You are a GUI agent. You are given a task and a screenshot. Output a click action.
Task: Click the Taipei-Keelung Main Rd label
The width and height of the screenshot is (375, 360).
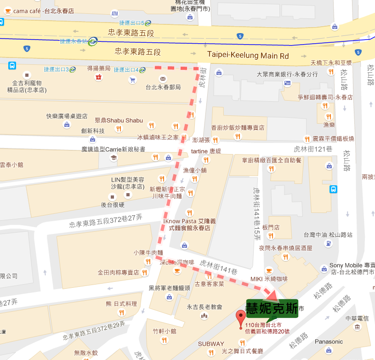click(248, 55)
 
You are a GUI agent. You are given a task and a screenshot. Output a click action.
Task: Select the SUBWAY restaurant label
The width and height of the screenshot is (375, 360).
click(211, 344)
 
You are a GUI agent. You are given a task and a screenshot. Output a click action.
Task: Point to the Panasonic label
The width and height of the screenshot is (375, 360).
click(329, 342)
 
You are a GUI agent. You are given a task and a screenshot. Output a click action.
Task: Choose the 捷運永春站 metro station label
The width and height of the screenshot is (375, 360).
click(74, 41)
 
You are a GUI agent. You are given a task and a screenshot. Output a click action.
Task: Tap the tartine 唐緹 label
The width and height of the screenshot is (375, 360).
click(206, 151)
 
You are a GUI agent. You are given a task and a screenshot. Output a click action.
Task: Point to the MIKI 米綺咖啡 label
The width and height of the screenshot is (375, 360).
click(268, 279)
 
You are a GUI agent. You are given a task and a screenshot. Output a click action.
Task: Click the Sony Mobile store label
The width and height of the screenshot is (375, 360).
click(352, 266)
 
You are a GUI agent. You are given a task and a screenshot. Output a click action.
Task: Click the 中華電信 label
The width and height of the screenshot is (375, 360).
click(357, 318)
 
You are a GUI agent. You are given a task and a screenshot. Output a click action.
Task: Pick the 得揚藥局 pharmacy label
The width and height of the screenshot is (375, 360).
click(99, 69)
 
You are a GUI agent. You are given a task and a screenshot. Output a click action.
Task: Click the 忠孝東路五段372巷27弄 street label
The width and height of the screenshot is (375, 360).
click(101, 224)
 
